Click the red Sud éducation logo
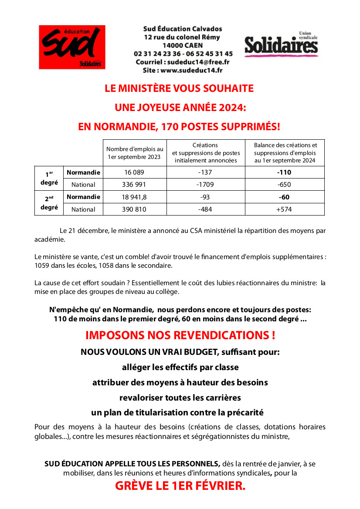pyautogui.click(x=72, y=47)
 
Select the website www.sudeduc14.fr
pyautogui.click(x=191, y=70)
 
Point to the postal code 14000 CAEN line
pyautogui.click(x=183, y=45)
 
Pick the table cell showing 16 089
pyautogui.click(x=134, y=172)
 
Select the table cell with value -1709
pyautogui.click(x=205, y=185)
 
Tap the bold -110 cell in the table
pyautogui.click(x=284, y=172)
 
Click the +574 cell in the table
pyautogui.click(x=284, y=209)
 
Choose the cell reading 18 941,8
pyautogui.click(x=134, y=197)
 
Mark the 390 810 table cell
pyautogui.click(x=134, y=209)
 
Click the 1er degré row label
pyautogui.click(x=49, y=178)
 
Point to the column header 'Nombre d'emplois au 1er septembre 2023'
pyautogui.click(x=135, y=153)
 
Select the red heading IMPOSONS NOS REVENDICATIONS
pyautogui.click(x=180, y=336)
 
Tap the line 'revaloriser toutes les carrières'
pyautogui.click(x=180, y=398)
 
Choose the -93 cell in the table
pyautogui.click(x=205, y=197)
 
